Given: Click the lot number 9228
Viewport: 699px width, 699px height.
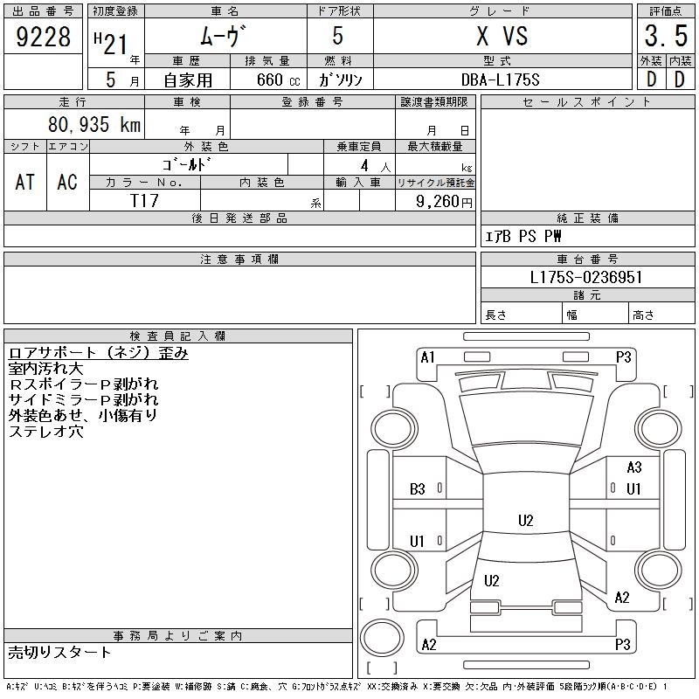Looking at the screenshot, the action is (x=44, y=37).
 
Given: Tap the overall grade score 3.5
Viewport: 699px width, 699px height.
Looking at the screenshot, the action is (x=664, y=37).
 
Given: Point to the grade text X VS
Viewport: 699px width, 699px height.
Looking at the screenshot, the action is (x=502, y=37).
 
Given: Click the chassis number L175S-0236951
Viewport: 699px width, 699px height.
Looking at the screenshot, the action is (x=586, y=278).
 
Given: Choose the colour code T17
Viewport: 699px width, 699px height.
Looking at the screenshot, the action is (x=144, y=201).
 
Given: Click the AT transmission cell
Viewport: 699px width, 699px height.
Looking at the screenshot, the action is (x=24, y=182).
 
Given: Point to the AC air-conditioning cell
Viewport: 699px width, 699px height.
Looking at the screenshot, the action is (x=67, y=182).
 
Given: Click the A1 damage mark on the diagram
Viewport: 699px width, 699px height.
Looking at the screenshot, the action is (x=427, y=356).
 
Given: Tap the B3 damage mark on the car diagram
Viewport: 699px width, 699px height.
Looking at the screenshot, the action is (x=418, y=489).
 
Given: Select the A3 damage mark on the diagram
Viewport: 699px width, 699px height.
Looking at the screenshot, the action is (x=633, y=468).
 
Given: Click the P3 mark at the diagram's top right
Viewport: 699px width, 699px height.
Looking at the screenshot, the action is (x=623, y=356).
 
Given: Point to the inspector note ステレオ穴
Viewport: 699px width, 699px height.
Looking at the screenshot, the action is (x=45, y=431).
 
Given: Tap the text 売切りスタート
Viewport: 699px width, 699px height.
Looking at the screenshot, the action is (x=60, y=652).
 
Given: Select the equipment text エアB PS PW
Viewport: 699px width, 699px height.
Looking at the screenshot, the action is (x=523, y=236).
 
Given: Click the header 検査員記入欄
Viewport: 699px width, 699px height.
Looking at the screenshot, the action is (x=177, y=336).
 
